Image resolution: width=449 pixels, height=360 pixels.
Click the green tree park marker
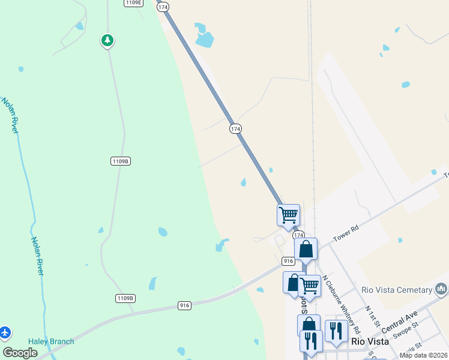(x=107, y=41)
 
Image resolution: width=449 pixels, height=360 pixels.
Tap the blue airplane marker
(x=5, y=332)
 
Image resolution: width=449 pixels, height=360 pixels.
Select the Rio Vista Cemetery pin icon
(x=442, y=290)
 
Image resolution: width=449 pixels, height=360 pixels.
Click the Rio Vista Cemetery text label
(x=397, y=290)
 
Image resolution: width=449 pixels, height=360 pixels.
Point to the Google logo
(x=20, y=353)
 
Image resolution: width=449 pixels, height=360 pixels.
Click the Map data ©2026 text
(x=423, y=355)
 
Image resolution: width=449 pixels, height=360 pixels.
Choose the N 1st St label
(x=373, y=315)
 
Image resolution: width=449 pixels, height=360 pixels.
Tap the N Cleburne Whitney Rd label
(x=342, y=305)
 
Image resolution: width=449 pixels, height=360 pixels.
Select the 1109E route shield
(x=134, y=3)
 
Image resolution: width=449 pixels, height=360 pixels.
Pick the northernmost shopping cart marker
(x=288, y=214)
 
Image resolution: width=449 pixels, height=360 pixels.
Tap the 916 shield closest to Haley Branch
(x=184, y=305)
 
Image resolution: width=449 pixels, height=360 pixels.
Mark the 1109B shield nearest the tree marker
(x=121, y=161)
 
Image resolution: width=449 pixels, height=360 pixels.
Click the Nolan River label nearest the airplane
(x=37, y=256)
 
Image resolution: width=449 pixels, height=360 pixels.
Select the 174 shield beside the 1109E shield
(x=163, y=7)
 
